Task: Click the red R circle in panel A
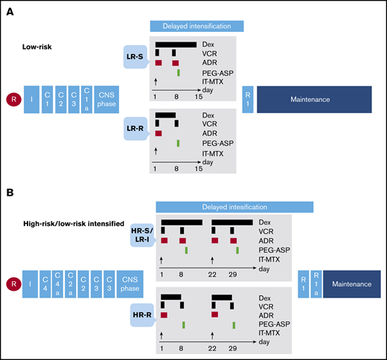(x=12, y=98)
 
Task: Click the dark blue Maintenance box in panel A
(x=313, y=98)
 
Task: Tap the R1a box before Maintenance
(x=319, y=286)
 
